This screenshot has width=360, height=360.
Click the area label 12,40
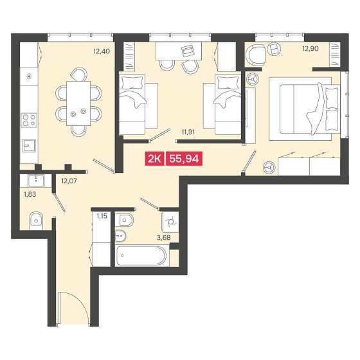[102, 51]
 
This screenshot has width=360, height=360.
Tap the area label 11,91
[188, 132]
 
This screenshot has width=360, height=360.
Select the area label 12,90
[310, 48]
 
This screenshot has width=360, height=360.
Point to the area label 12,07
[69, 181]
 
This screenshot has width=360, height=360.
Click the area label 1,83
[30, 194]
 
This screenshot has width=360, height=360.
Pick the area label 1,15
[102, 216]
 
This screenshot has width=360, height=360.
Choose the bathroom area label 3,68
[163, 238]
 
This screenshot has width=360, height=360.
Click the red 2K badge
[154, 159]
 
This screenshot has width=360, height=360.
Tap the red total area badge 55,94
[184, 159]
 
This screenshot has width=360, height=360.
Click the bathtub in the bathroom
[141, 256]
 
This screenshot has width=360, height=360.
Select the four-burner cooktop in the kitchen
[29, 120]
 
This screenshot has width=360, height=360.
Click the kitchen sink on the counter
[29, 145]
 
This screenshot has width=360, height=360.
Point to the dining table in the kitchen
[78, 104]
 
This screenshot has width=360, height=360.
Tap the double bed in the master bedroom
[304, 109]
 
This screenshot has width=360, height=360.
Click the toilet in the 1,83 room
[36, 221]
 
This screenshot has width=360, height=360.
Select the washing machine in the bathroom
[170, 222]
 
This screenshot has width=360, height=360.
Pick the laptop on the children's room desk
[188, 51]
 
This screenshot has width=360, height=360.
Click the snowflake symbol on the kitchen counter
[29, 76]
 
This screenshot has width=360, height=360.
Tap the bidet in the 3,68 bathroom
[121, 236]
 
